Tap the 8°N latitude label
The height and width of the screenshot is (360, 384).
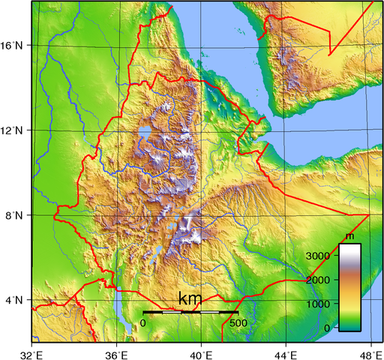pyautogui.click(x=15, y=216)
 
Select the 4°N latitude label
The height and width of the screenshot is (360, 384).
pyautogui.click(x=15, y=301)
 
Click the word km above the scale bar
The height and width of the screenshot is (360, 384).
pyautogui.click(x=190, y=300)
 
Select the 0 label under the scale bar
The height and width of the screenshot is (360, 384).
pyautogui.click(x=143, y=322)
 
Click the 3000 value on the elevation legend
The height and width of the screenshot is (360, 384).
pyautogui.click(x=318, y=256)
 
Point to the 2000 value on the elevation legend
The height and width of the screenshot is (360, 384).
pyautogui.click(x=318, y=280)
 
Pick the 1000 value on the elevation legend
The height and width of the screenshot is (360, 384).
pyautogui.click(x=318, y=304)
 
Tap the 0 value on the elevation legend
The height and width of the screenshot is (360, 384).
pyautogui.click(x=326, y=328)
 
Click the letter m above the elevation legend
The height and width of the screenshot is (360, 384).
pyautogui.click(x=349, y=237)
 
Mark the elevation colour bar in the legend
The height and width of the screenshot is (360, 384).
pyautogui.click(x=349, y=286)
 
